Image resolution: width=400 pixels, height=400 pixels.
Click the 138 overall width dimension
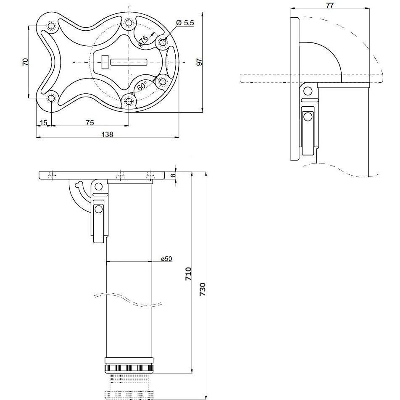(x=108, y=134)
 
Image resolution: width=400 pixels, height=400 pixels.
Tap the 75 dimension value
(x=89, y=123)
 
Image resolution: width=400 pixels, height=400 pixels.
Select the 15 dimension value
(x=44, y=123)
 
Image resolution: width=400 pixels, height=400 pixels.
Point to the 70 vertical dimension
(x=25, y=62)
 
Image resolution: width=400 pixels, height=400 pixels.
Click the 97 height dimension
(x=199, y=62)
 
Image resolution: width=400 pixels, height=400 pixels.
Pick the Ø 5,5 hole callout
(x=185, y=23)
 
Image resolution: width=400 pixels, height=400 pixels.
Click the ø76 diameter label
(x=143, y=41)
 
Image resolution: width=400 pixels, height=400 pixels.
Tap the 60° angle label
(x=142, y=86)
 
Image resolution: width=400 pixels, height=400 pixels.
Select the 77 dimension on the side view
(x=330, y=5)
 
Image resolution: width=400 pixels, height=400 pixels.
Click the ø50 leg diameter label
(x=166, y=259)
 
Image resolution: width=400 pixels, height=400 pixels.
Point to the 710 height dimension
(x=188, y=274)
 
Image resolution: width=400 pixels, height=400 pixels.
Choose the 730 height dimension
(x=202, y=289)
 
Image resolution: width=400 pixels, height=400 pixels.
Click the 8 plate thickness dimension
(x=173, y=175)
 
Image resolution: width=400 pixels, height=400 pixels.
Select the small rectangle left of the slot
(x=105, y=62)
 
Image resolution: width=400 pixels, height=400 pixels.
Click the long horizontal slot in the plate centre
(x=129, y=62)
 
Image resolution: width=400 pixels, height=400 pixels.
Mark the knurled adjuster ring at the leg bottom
(x=129, y=368)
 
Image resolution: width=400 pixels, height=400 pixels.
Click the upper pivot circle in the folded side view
(x=308, y=91)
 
